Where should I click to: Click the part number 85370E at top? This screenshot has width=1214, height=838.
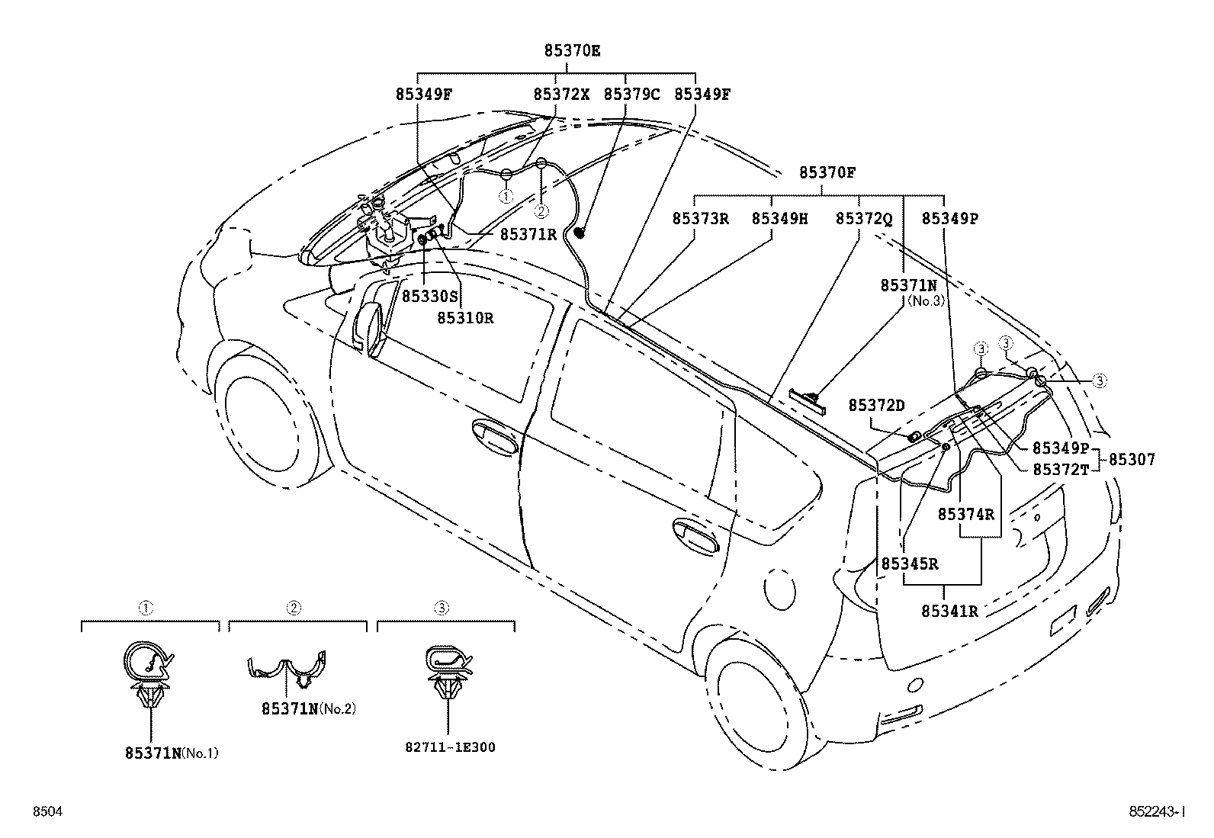[x=572, y=51]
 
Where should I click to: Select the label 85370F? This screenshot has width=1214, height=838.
[x=827, y=173]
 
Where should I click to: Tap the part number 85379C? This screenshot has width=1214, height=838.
[x=631, y=95]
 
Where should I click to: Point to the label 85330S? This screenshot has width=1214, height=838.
[x=430, y=296]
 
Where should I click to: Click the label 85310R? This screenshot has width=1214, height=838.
[x=465, y=318]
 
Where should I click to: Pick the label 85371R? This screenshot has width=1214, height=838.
[x=528, y=235]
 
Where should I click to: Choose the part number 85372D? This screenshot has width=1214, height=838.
[x=876, y=405]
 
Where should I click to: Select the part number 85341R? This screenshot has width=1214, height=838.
[x=949, y=611]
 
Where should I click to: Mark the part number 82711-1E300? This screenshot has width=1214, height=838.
[x=450, y=747]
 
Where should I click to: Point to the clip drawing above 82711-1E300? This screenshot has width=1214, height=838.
[x=448, y=671]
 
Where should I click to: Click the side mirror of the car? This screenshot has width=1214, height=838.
[x=371, y=328]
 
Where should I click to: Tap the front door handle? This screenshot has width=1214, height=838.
[x=497, y=438]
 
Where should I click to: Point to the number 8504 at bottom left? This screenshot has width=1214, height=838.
[x=47, y=812]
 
